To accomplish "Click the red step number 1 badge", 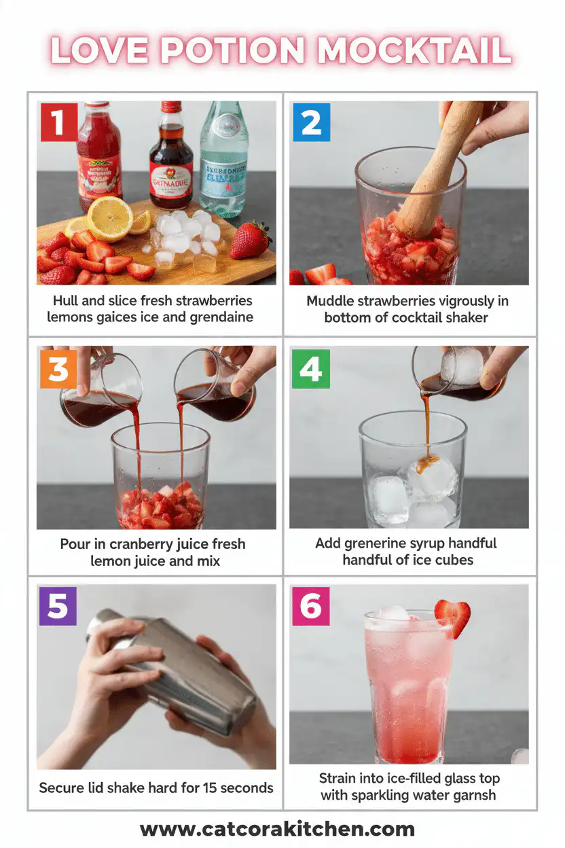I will point(58,122).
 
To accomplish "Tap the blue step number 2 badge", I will point(311,122).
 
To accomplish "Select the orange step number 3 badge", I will point(58,369).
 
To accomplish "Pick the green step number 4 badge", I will point(311,369).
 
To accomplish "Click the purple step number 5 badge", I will point(58,606).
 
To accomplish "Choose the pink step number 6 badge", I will point(311,606).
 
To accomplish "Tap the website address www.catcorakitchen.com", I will point(277,829).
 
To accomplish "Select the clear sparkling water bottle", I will point(223,160).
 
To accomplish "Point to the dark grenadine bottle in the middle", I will point(170,160).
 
